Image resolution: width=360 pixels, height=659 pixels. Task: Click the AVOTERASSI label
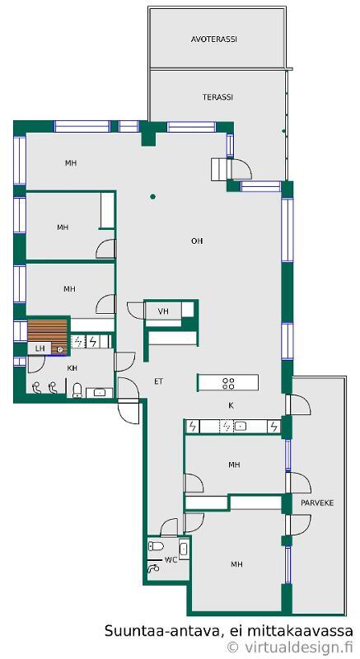coord(214,39)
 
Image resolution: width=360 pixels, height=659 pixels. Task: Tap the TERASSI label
coord(217,97)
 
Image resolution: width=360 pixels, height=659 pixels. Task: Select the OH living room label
coord(197,241)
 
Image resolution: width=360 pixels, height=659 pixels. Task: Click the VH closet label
coord(163,311)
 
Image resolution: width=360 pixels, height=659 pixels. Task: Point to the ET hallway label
coord(158,381)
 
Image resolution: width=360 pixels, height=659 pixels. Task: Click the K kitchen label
coord(231,405)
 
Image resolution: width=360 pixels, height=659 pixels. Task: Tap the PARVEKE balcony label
coord(317,502)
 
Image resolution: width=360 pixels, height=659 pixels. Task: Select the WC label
coord(171,560)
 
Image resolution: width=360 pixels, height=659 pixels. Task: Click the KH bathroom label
coord(72,368)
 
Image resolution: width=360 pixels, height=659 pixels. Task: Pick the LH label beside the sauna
coord(40,348)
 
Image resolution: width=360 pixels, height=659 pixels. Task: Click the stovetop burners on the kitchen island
coord(228,383)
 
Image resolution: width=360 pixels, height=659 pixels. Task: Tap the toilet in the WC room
coord(156,546)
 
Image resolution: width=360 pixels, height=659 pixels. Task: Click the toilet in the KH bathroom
coord(77,390)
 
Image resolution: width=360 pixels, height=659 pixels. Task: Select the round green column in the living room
coord(153,196)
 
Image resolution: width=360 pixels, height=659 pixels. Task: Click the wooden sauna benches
coord(48,335)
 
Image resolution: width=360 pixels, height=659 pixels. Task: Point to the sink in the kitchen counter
coord(240,427)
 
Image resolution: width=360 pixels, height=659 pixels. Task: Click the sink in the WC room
coord(184,549)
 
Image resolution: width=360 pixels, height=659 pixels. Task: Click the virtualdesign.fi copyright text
coord(289,647)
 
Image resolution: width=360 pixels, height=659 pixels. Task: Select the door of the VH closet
coord(135,311)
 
